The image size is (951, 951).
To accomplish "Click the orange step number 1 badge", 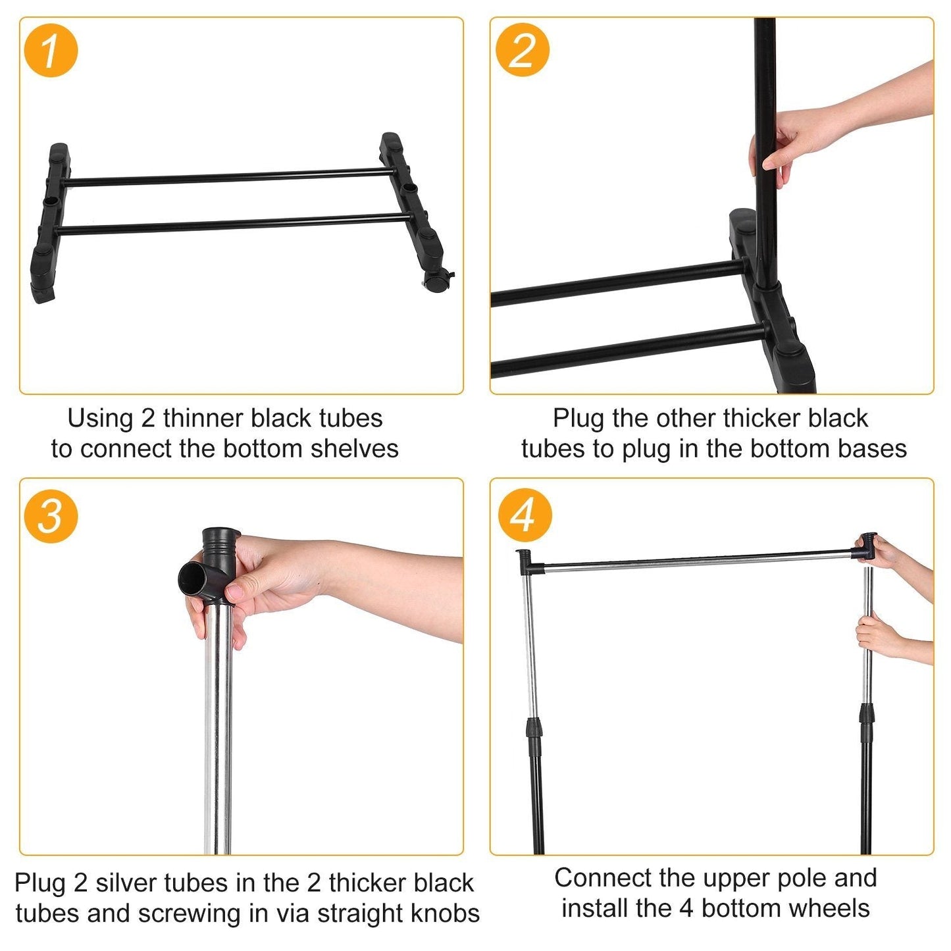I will click(51, 50).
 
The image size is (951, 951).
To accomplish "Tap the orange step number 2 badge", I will click(522, 50).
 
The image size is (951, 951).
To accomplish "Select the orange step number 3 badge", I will click(51, 515).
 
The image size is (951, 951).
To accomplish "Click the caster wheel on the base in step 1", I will click(436, 282).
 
